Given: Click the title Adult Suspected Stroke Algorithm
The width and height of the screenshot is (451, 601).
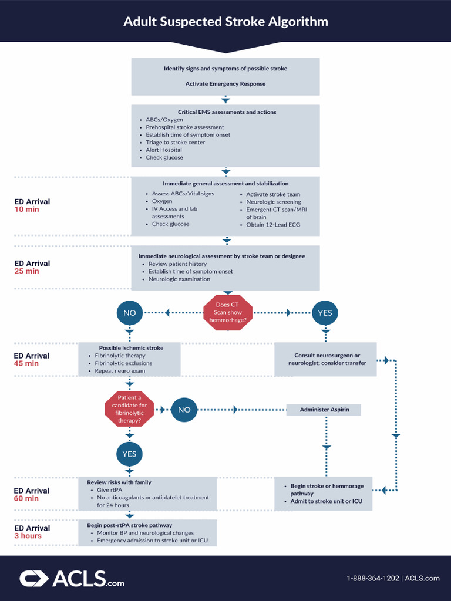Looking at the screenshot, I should [225, 22].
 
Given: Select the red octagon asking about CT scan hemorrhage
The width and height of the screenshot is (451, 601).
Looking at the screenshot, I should [227, 312].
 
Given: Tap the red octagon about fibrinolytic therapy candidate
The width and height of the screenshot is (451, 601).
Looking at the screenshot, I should [129, 409].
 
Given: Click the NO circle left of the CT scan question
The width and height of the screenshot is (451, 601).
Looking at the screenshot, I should [130, 313].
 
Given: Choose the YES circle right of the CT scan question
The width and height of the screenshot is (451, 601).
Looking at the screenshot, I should [325, 313].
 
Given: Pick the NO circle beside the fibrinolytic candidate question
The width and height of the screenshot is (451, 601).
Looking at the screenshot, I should [184, 410].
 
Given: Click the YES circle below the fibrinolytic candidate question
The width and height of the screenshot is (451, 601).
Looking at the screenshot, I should [129, 454].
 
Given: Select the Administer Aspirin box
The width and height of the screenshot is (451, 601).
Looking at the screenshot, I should [324, 410].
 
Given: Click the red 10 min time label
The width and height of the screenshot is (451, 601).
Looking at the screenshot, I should [26, 210].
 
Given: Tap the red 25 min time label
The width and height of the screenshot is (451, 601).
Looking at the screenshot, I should [26, 271].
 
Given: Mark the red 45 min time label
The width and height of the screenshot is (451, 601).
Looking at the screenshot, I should [26, 363].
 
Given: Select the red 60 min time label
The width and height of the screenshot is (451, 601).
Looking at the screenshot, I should [26, 498].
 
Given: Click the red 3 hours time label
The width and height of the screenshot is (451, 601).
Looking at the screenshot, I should [28, 536].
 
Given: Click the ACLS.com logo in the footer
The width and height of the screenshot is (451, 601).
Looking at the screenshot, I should [72, 579].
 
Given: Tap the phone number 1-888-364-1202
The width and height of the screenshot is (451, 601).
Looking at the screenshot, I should [373, 578].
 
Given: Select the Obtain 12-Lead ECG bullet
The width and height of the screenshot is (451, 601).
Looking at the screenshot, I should [273, 224].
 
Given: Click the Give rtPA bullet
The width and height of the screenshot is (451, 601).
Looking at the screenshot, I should [109, 489].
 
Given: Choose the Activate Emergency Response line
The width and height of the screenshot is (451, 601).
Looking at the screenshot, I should [225, 84].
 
